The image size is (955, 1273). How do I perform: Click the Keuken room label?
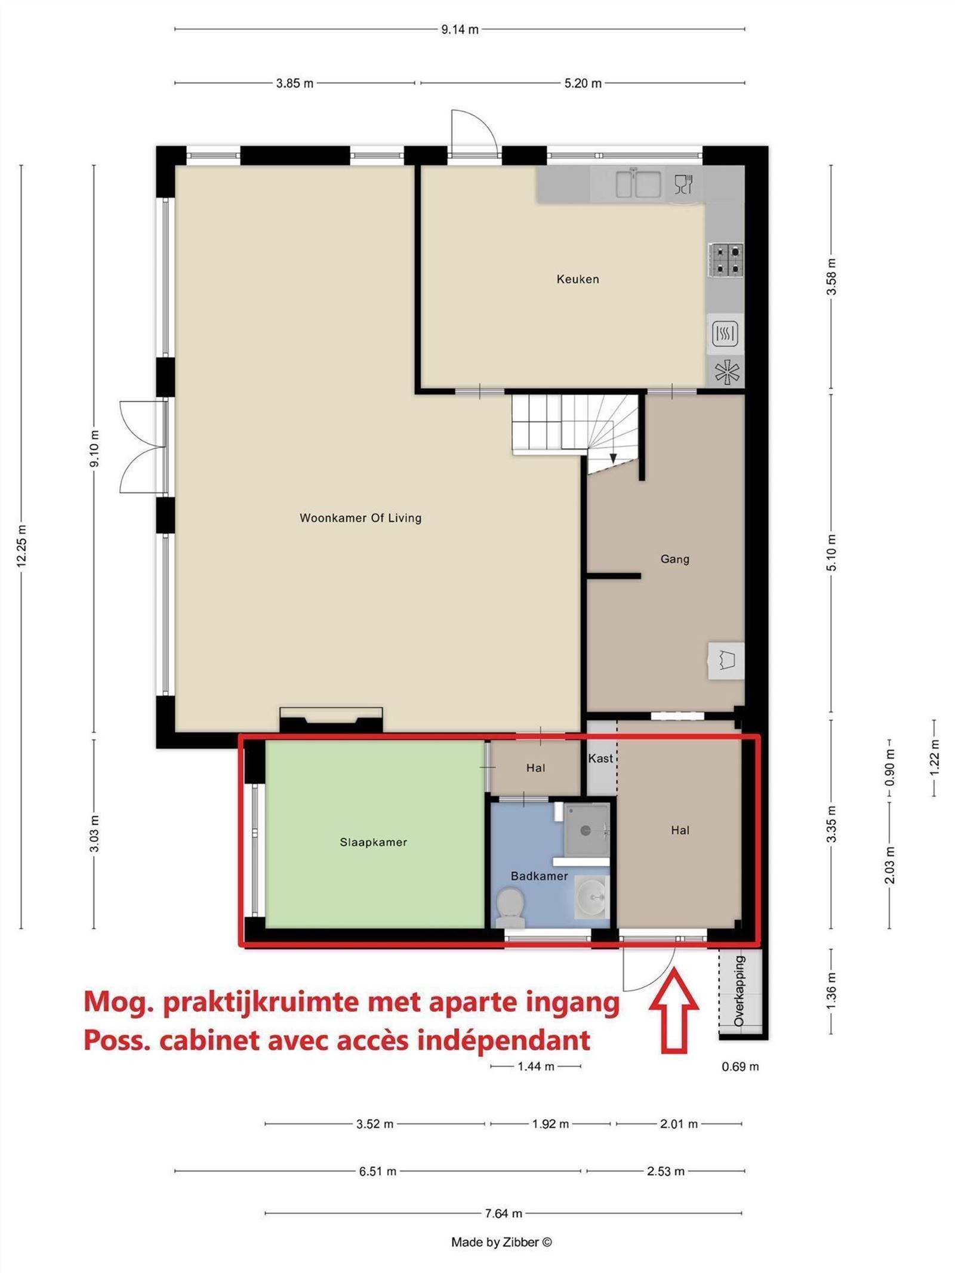tap(577, 279)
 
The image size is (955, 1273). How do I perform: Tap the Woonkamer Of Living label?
tap(361, 517)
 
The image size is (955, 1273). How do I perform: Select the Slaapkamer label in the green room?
tap(373, 842)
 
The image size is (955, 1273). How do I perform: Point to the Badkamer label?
tap(539, 876)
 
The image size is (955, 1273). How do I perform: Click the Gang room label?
tap(674, 559)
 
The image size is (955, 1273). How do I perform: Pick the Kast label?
tap(600, 758)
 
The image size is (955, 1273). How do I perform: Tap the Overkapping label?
tap(740, 991)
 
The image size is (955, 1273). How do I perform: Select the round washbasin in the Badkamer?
tap(591, 896)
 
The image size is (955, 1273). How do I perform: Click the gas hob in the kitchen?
tap(725, 260)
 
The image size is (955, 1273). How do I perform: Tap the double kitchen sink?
tap(638, 183)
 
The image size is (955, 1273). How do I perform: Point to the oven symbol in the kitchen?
tap(725, 334)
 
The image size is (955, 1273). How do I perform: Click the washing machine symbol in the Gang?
tap(726, 660)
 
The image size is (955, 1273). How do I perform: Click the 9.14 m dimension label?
tap(460, 29)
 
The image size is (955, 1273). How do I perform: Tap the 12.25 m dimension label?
tap(21, 545)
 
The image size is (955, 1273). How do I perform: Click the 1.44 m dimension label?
tap(535, 1066)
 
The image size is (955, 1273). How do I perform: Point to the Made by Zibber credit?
tap(501, 1242)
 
